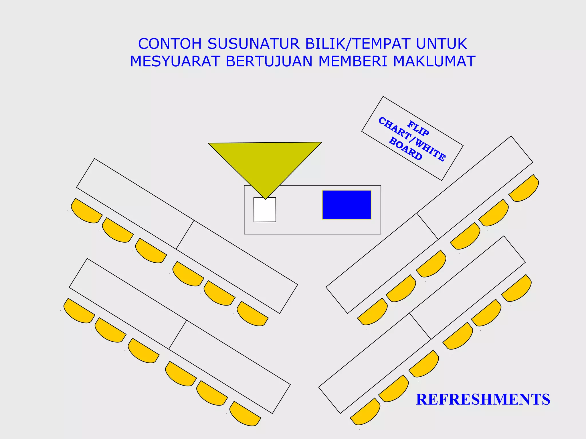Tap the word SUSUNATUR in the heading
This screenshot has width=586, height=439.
254,44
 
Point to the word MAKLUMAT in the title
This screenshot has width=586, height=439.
434,61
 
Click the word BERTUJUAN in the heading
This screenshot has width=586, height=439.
269,61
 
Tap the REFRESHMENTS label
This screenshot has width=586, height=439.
483,399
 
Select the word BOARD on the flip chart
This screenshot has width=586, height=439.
406,149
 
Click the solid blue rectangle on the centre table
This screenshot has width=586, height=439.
347,205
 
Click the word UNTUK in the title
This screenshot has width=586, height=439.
441,44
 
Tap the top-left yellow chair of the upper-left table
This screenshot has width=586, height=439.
86,212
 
